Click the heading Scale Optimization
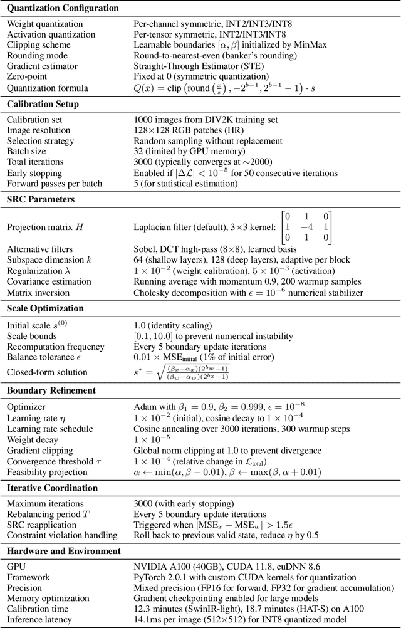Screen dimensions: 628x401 (44, 309)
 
